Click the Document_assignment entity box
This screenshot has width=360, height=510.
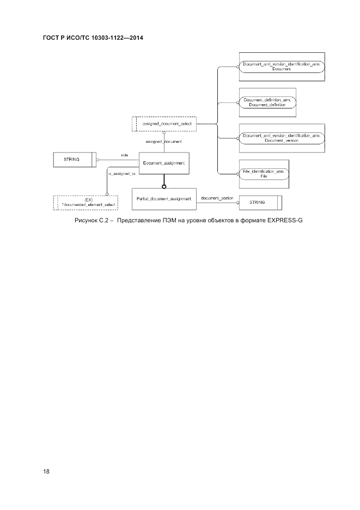[164, 163]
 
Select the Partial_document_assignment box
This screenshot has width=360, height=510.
[164, 199]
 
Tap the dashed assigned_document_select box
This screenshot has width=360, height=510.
[163, 124]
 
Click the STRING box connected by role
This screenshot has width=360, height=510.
[74, 159]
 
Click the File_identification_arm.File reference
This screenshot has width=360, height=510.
[264, 174]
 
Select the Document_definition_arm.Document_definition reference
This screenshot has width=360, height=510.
[267, 102]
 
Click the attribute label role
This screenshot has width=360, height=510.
[124, 155]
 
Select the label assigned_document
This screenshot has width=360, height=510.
[163, 142]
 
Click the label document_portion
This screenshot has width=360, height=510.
[217, 197]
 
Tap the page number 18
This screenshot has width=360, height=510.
[46, 472]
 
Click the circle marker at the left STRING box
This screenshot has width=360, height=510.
[97, 160]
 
